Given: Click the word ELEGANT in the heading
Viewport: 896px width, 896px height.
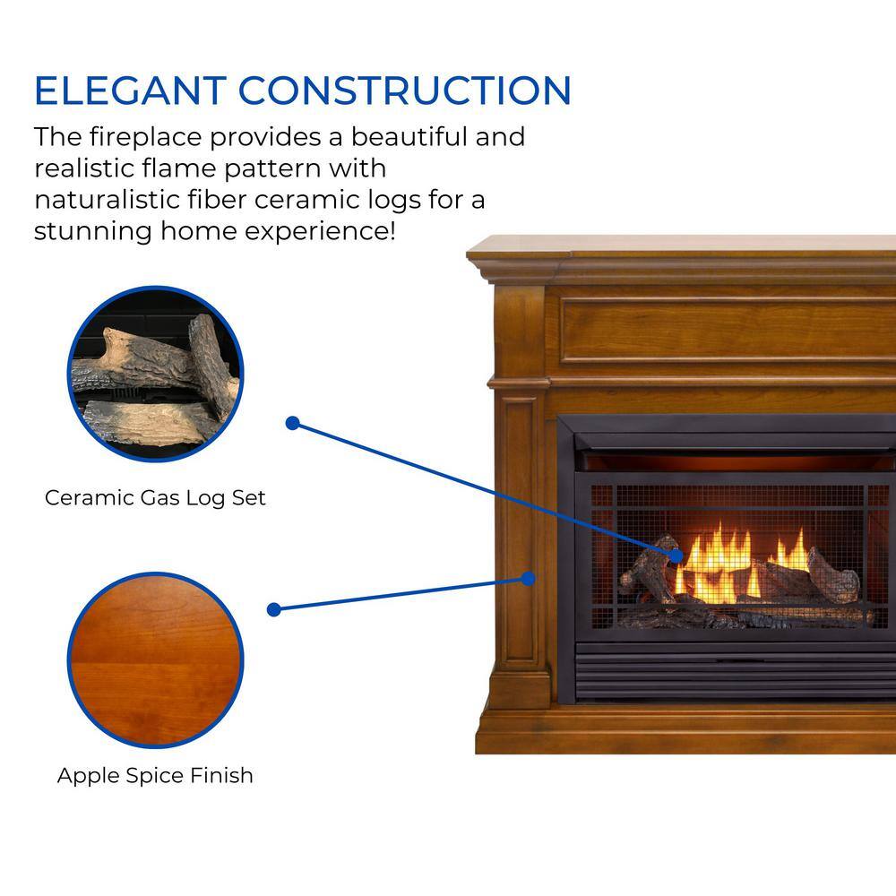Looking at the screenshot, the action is (x=130, y=90).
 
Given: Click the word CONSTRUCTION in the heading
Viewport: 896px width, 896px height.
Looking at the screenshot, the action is (x=405, y=90).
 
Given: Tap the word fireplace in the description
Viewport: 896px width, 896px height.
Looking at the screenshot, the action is (x=146, y=137).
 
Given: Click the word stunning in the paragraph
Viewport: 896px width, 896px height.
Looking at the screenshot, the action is (x=92, y=232).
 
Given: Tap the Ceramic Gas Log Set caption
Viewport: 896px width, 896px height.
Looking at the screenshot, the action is (x=155, y=497).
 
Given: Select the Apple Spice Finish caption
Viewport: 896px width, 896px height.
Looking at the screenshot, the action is (x=155, y=775).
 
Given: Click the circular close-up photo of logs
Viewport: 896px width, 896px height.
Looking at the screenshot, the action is (x=155, y=374).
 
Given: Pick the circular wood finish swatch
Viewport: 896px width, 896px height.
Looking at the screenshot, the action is (x=155, y=660).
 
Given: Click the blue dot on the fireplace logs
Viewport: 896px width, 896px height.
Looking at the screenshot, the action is (x=676, y=556).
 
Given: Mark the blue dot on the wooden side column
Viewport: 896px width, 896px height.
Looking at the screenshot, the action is (x=529, y=579).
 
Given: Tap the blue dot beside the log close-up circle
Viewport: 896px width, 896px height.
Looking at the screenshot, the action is (x=293, y=424).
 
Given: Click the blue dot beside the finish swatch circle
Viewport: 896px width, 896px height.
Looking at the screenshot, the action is (x=273, y=609).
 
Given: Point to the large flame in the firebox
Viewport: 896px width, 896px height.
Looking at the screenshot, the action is (x=717, y=563).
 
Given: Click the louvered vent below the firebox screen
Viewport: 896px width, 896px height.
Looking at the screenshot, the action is (x=736, y=669).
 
